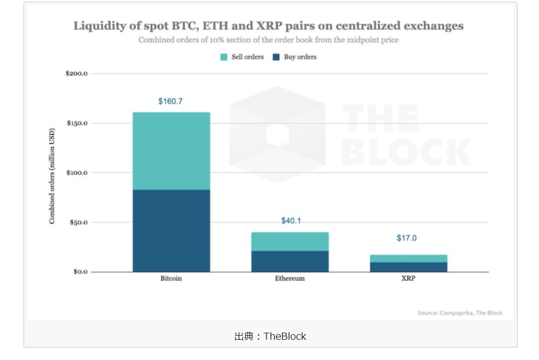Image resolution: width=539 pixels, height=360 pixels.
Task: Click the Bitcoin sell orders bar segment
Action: pos(171,151)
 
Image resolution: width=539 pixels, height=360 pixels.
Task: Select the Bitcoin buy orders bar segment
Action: pos(171,231)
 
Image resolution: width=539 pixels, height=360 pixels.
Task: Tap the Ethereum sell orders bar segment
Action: pos(290,242)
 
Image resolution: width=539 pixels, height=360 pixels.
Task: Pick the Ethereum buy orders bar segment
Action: pos(290,261)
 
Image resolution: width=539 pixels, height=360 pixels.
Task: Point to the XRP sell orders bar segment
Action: pos(409,258)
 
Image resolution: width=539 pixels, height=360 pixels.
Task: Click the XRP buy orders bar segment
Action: pos(409,267)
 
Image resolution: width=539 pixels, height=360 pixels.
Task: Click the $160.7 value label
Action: pos(170,102)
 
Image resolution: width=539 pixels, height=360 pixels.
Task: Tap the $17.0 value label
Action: pos(407,238)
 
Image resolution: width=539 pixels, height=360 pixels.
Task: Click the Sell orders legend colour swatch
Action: pos(223,57)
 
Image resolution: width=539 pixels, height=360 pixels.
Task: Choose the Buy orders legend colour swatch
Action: pos(276,57)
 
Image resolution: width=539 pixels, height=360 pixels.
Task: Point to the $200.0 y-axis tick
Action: pos(77,74)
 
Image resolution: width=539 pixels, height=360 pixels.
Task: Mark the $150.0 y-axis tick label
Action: pos(77,123)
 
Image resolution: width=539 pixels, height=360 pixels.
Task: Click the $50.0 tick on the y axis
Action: pos(78,222)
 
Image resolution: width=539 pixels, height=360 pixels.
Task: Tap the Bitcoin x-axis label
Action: pos(171,279)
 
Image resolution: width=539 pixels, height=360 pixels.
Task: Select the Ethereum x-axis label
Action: pos(290,279)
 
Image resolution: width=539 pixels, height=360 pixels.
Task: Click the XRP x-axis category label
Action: pos(408,279)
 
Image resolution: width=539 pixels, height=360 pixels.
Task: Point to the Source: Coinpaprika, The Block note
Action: pos(460,313)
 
